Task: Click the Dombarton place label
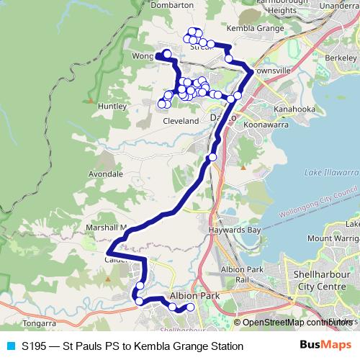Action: tap(173, 4)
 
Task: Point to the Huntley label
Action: tap(112, 106)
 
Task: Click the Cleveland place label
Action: tap(181, 121)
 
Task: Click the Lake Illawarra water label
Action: tap(330, 173)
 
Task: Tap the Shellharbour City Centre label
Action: tap(322, 280)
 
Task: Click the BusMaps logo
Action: tap(325, 346)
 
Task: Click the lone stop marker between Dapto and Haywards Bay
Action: tap(212, 157)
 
